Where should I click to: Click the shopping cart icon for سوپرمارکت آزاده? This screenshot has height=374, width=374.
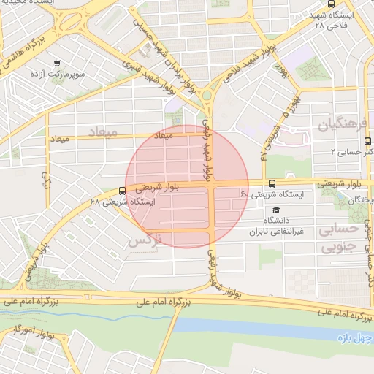coord(56,63)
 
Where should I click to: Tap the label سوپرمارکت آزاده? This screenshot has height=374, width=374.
coord(58,75)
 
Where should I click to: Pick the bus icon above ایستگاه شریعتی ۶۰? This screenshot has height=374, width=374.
coord(272,183)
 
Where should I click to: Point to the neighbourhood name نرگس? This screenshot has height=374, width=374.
coord(143,239)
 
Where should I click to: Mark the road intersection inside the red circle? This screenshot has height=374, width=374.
coord(212,184)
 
